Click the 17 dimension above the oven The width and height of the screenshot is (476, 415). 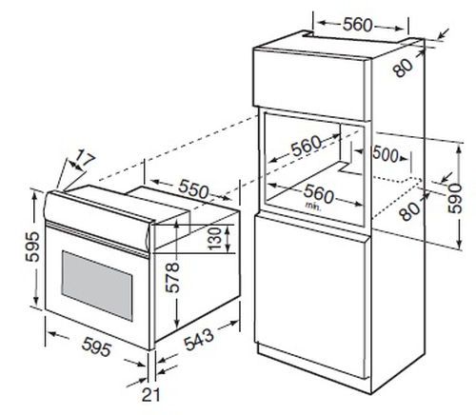click(85, 160)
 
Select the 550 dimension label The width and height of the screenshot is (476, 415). click(193, 189)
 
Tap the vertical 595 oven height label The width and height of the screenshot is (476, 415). click(33, 247)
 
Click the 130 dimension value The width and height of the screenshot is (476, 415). click(215, 238)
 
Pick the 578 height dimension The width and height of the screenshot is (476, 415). click(172, 277)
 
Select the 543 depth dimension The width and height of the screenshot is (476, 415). click(199, 340)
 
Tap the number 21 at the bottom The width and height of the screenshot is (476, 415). click(150, 395)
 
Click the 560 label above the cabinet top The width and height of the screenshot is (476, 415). click(357, 25)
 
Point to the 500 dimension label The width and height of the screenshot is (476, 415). click(386, 154)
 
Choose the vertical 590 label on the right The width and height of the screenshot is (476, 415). click(454, 198)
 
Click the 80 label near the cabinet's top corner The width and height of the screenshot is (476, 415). click(403, 68)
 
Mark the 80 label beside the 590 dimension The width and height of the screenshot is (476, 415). click(409, 211)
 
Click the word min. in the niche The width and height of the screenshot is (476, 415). click(313, 206)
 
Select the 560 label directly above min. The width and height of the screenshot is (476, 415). click(318, 194)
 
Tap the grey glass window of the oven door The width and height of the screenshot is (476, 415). click(97, 286)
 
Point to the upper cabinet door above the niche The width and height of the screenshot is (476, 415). click(309, 84)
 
